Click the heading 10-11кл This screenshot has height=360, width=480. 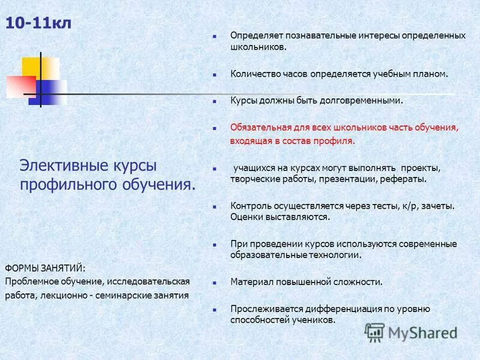point(39,24)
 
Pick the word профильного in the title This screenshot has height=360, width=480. point(67,184)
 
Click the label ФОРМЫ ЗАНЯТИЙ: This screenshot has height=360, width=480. point(46,267)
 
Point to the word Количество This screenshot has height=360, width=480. point(253,74)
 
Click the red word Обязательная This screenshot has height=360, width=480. point(259,127)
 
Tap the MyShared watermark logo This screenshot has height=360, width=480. point(411,332)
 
